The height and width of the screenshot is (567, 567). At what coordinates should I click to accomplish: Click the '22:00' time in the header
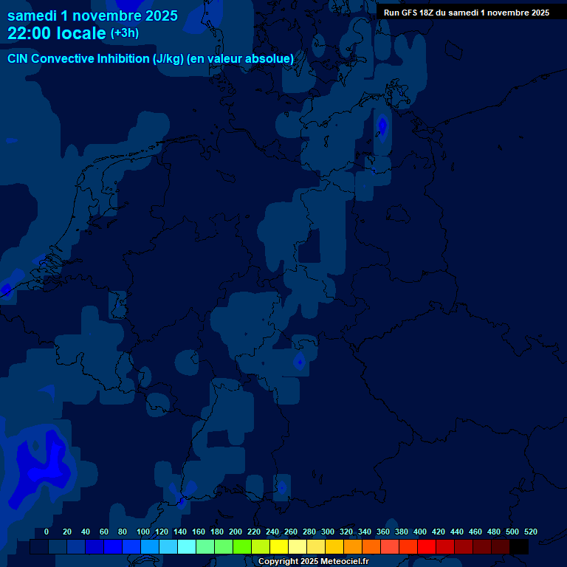30,33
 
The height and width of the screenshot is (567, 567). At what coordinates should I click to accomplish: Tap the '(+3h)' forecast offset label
125,33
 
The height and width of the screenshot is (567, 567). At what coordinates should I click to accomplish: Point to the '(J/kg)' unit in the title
168,58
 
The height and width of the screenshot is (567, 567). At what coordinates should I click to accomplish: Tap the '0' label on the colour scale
47,532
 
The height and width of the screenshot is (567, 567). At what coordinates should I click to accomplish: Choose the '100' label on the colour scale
143,532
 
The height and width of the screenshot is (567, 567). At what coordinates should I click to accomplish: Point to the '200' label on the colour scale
236,532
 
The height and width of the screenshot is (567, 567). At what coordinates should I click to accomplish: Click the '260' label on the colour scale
291,532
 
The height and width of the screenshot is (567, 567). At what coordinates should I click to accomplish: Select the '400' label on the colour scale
420,532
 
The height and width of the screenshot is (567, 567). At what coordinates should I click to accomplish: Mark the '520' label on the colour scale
531,532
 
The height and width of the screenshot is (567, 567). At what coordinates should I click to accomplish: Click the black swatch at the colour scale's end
519,547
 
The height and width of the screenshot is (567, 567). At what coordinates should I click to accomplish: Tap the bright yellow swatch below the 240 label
278,547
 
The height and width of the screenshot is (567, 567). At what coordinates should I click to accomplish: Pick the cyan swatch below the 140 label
186,547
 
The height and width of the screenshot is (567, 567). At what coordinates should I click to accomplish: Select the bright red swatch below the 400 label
426,547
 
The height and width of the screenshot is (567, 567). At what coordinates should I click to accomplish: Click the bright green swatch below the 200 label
241,547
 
